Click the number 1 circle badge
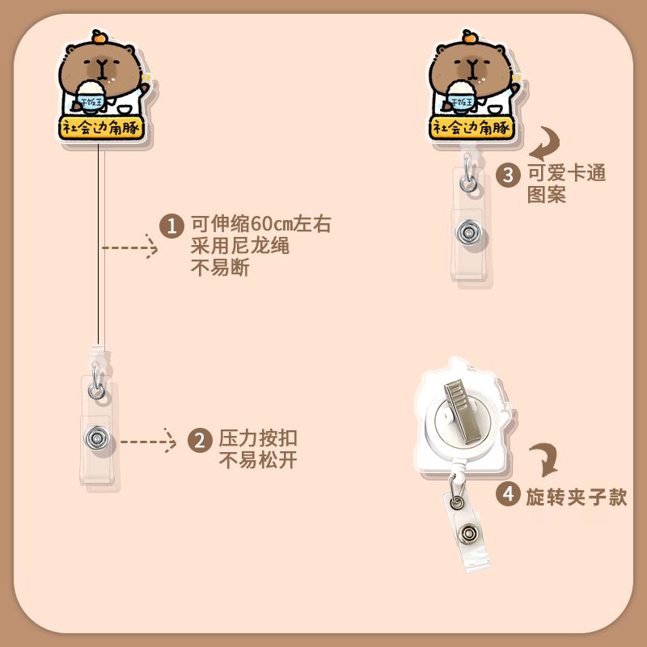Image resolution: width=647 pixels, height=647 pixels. (x=171, y=225)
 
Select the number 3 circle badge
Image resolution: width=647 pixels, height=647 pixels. (x=508, y=175)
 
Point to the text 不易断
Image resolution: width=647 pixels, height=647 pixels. (x=219, y=269)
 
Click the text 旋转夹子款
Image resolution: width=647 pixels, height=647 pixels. (x=576, y=495)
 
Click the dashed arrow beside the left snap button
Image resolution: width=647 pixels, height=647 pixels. (x=149, y=442)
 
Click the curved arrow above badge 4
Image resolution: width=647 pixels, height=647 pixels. (x=544, y=460)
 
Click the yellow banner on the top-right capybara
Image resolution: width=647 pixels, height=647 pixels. (x=469, y=126)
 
